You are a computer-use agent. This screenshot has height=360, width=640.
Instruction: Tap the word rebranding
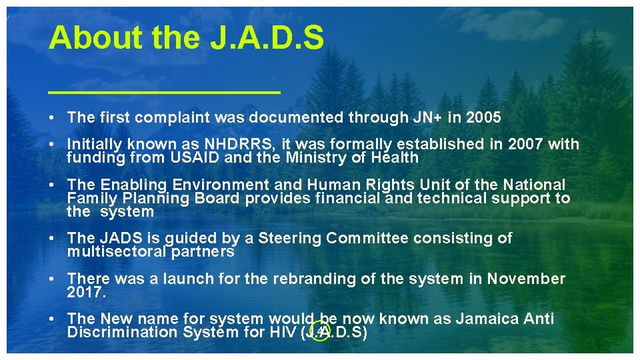(x=301, y=279)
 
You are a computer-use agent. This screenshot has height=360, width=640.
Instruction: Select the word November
(x=526, y=279)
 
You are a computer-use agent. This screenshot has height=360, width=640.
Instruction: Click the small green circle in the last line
(x=321, y=332)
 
